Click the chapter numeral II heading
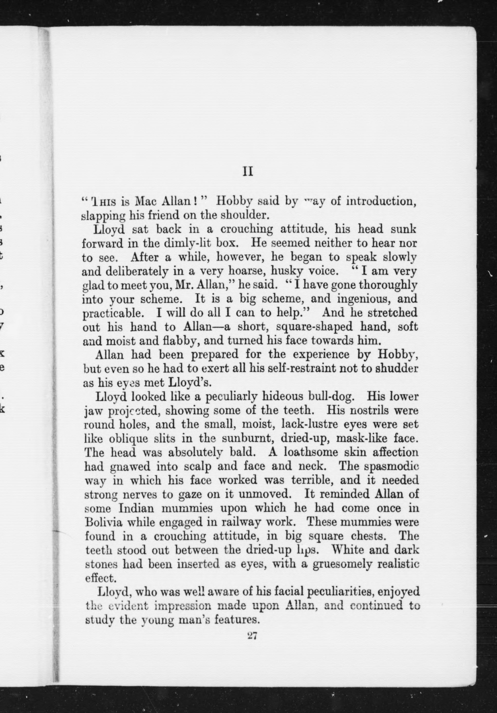tap(248, 172)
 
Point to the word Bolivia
tap(104, 522)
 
